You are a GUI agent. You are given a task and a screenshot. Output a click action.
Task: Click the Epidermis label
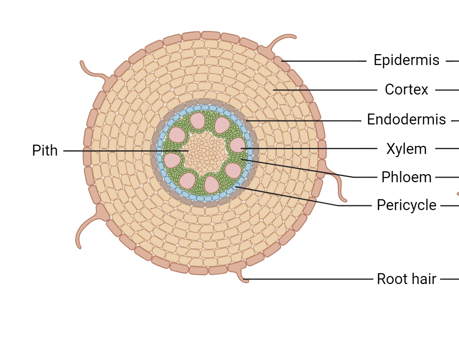406,60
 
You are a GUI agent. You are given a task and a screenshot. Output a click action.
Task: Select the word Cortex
406,89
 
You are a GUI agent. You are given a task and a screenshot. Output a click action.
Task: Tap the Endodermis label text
406,120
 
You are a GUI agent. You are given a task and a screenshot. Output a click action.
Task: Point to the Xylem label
406,149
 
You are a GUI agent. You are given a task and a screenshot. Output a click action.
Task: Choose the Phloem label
406,177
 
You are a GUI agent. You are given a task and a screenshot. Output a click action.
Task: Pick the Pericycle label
406,205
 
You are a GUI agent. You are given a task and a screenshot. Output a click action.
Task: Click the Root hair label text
406,279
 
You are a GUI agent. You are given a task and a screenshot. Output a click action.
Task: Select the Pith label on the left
45,151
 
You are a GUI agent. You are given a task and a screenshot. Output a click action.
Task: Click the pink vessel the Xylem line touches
237,145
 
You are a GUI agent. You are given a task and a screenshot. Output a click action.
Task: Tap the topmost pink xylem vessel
197,121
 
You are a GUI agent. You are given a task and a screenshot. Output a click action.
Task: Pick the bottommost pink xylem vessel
211,184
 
